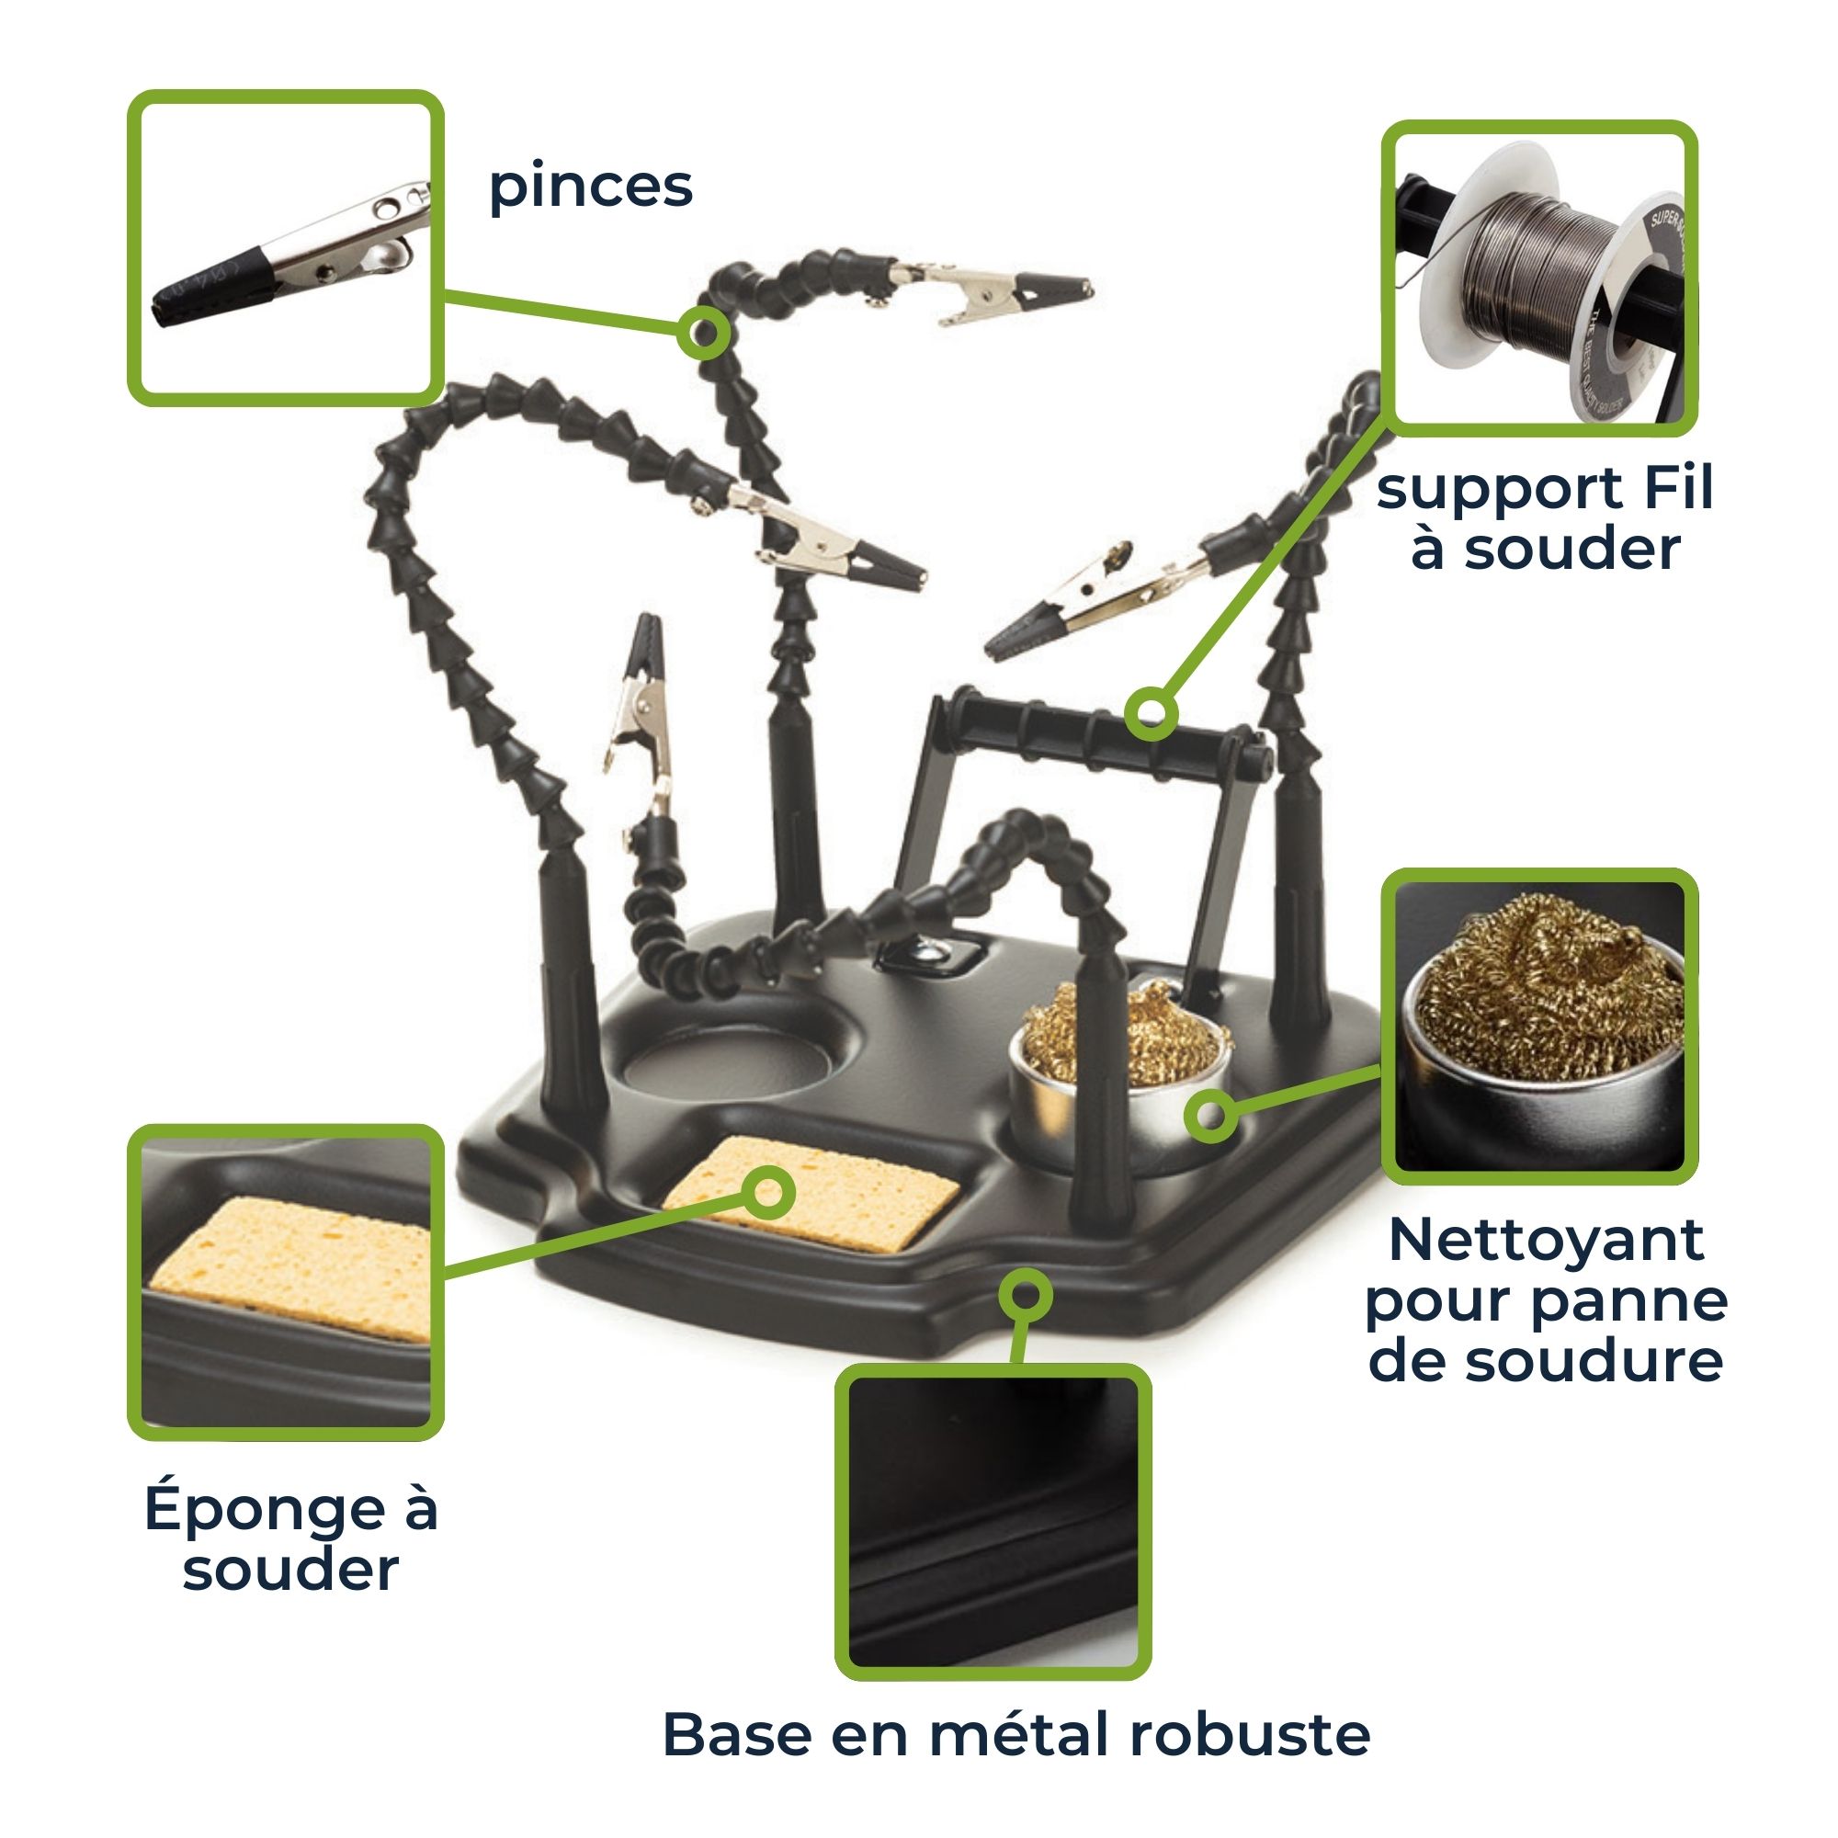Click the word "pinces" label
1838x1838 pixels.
point(591,187)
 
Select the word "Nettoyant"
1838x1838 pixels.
point(1546,1241)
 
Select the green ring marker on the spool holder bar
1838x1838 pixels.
point(1152,713)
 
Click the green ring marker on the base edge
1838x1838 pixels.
point(1026,1295)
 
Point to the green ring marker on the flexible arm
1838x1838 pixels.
point(704,333)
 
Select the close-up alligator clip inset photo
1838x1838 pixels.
point(286,247)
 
